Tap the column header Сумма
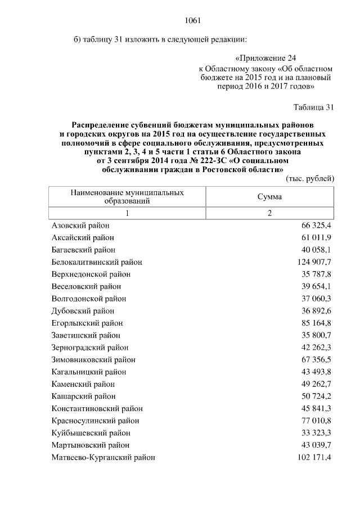tap(269, 197)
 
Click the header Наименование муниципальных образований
tap(127, 197)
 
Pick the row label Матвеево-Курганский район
tap(103, 458)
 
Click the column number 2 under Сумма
tap(269, 214)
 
